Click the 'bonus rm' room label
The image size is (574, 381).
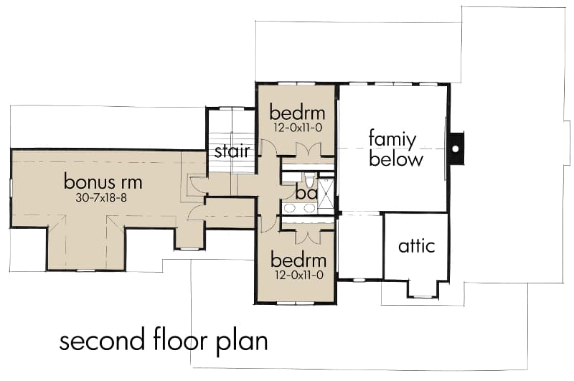[103, 182]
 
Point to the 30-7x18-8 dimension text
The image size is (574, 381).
[101, 198]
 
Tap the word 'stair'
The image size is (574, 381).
[232, 151]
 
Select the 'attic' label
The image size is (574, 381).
[417, 246]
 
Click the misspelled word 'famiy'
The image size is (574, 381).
[392, 140]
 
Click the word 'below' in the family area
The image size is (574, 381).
[396, 159]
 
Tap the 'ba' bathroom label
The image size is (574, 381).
[306, 193]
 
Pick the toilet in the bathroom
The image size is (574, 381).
[310, 179]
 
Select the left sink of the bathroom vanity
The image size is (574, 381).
[290, 208]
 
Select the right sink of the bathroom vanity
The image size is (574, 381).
[309, 208]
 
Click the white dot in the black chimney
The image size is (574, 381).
[456, 149]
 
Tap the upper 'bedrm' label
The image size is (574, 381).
[297, 113]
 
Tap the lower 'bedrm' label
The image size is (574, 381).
[298, 260]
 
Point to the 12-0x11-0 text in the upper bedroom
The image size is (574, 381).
[298, 128]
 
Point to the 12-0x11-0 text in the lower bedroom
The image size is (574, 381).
[298, 276]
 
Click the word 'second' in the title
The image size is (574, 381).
[102, 341]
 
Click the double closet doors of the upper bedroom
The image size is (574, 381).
[309, 150]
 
